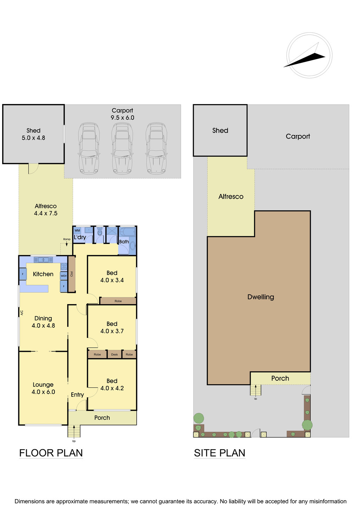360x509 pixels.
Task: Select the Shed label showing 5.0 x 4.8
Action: (33, 134)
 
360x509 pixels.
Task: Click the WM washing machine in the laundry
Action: (77, 230)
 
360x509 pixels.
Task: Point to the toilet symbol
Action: (99, 232)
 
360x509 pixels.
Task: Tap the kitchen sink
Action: (43, 259)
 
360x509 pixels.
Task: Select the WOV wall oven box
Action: (64, 276)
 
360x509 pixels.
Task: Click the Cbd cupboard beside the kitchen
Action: (72, 274)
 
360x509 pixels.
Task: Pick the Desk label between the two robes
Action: (115, 354)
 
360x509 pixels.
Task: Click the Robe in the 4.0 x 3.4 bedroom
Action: (118, 301)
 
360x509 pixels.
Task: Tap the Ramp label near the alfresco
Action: (67, 239)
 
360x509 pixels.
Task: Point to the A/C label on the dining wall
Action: (22, 313)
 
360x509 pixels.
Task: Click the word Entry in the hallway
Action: (77, 395)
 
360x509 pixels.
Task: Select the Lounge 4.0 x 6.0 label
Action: (43, 388)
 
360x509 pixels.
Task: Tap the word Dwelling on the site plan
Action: (261, 297)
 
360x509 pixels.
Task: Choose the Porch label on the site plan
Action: (280, 378)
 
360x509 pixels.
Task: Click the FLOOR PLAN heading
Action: (51, 453)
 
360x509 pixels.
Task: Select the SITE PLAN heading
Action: (219, 453)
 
